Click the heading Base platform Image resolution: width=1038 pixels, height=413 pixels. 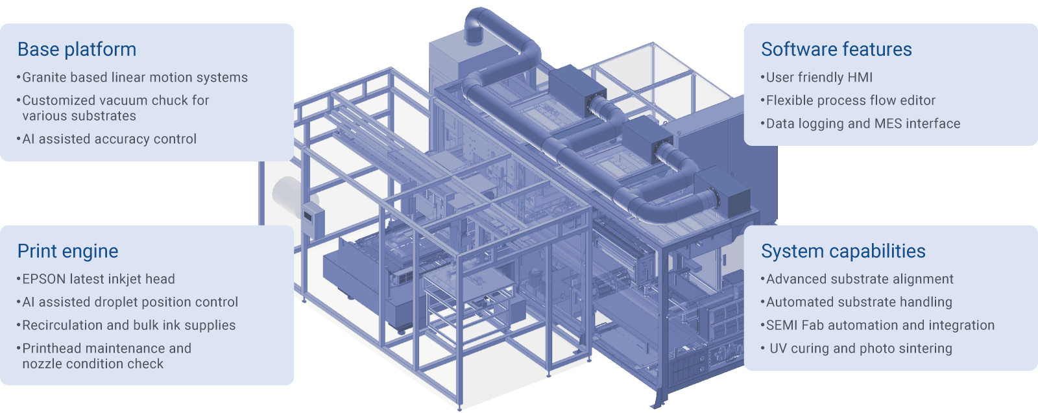click(77, 49)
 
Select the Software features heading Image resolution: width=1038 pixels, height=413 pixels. click(836, 49)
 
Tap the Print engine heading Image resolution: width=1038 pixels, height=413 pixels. click(67, 252)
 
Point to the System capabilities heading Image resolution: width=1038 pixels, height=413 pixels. click(843, 252)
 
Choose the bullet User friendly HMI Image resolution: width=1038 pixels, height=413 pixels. click(817, 77)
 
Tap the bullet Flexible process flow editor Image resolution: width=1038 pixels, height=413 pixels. click(847, 100)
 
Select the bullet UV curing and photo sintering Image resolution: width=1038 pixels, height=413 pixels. click(856, 349)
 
